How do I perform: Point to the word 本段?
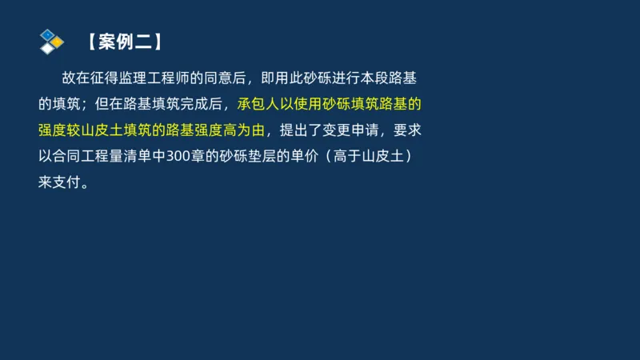coord(378,78)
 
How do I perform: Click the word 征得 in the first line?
coord(96,78)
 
